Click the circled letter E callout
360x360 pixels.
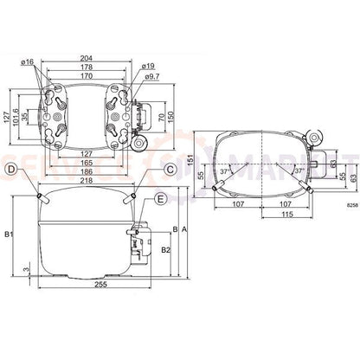click(161, 201)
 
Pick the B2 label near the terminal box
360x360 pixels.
click(165, 250)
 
